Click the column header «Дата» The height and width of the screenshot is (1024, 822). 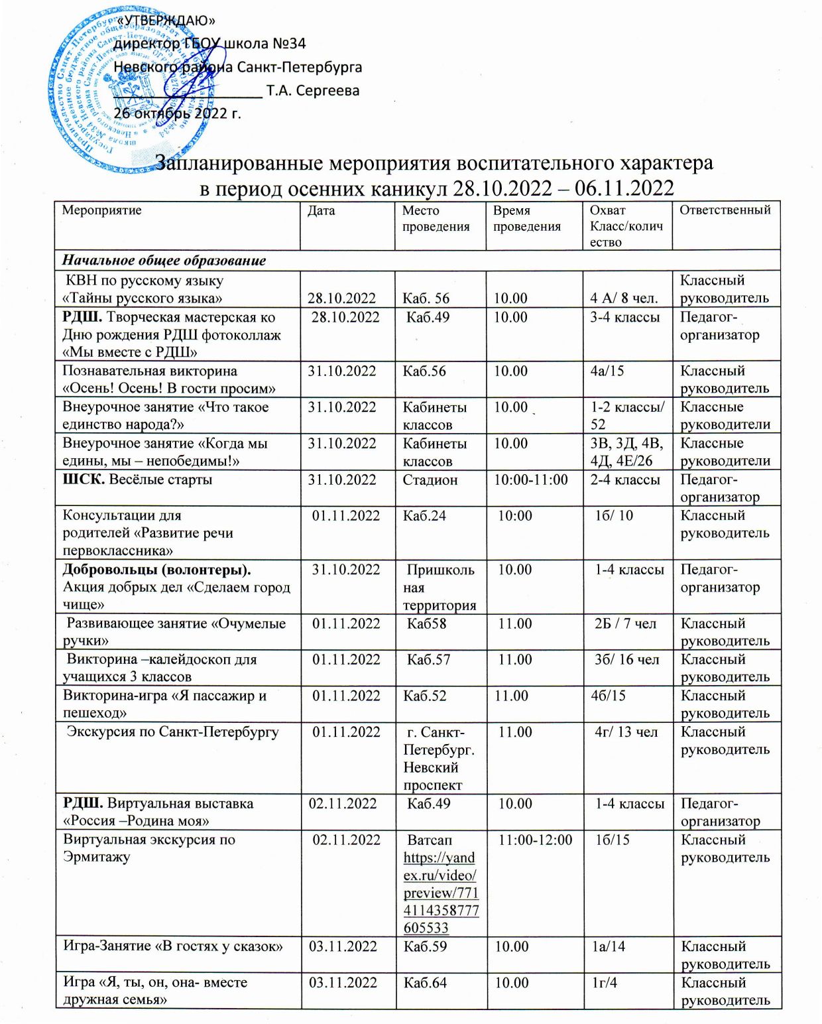[322, 211]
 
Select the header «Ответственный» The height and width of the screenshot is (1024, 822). [725, 210]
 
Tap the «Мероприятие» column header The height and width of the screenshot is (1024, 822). [101, 210]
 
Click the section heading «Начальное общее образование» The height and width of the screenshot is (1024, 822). [164, 260]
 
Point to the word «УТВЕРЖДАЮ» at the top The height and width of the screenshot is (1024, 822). [166, 22]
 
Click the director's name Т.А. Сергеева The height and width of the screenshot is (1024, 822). [313, 90]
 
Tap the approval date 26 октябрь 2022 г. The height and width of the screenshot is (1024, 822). [178, 113]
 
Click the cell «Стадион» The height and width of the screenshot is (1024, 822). [430, 480]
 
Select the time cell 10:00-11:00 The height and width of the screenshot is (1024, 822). [531, 480]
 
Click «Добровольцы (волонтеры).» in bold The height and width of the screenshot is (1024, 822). [156, 570]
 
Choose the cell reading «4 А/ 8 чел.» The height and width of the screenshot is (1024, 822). [624, 298]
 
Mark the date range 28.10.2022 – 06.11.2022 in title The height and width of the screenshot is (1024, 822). [563, 188]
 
